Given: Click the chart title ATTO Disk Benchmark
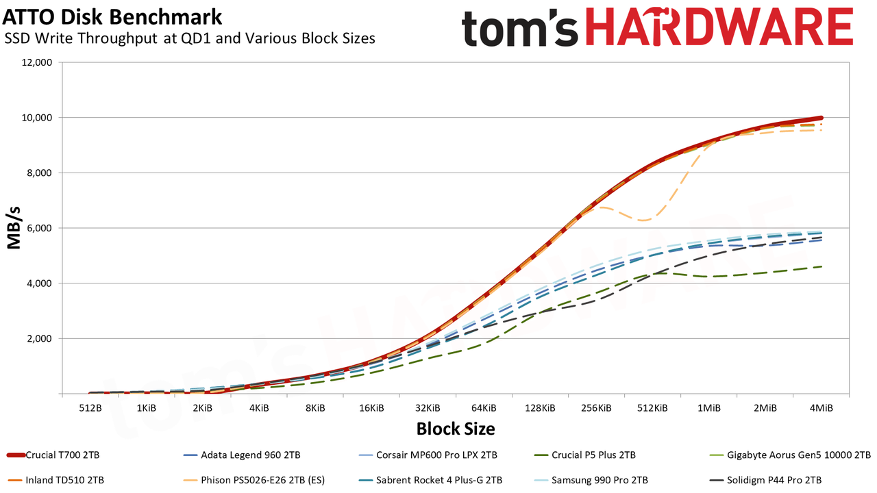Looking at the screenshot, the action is [x=112, y=17].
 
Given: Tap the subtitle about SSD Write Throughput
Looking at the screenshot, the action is [x=190, y=38].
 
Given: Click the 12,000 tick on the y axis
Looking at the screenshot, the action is [x=36, y=62].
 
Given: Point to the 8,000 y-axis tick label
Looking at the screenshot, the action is [x=38, y=173].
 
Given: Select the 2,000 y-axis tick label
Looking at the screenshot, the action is [x=38, y=339].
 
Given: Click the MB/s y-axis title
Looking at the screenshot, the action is [x=14, y=228].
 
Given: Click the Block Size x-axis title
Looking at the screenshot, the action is [x=456, y=429].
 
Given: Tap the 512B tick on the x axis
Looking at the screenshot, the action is [x=90, y=409].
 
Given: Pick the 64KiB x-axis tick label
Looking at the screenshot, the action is [x=484, y=409].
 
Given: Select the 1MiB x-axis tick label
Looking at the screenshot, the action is [x=708, y=409].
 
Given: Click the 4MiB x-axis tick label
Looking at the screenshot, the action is [x=821, y=409].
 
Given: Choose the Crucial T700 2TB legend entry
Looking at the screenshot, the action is [x=53, y=455].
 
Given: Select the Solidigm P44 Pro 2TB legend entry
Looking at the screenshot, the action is [x=765, y=480].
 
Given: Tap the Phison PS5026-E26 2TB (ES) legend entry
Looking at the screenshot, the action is [x=254, y=480].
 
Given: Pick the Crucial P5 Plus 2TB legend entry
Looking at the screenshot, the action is [x=584, y=455].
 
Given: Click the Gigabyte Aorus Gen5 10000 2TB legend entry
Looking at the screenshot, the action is [x=790, y=455].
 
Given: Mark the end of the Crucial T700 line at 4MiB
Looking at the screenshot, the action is [x=821, y=118].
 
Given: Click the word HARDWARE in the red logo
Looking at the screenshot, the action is [x=719, y=27].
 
